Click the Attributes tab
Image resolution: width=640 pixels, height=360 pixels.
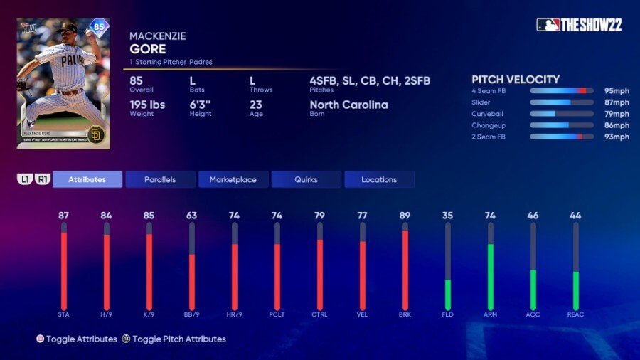(87, 179)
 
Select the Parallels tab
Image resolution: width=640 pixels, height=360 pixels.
(160, 179)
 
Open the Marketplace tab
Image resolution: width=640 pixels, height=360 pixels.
(233, 179)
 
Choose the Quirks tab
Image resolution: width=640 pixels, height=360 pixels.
(306, 179)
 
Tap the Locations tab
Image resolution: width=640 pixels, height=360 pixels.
(379, 179)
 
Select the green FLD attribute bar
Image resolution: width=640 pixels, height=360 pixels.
(448, 294)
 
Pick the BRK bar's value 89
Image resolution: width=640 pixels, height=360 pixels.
(405, 215)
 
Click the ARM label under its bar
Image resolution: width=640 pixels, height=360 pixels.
(490, 314)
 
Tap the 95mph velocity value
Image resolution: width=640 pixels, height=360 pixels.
(617, 91)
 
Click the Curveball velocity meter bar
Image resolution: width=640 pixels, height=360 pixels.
(561, 114)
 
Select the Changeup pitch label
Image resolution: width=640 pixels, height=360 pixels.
(489, 125)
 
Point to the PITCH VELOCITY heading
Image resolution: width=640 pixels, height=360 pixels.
(516, 80)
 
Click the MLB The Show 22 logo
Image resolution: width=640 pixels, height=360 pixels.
(579, 25)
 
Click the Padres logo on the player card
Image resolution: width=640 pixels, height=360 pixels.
(95, 134)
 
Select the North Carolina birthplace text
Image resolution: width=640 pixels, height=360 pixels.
(348, 105)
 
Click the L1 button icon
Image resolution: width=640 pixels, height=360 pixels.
(24, 179)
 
